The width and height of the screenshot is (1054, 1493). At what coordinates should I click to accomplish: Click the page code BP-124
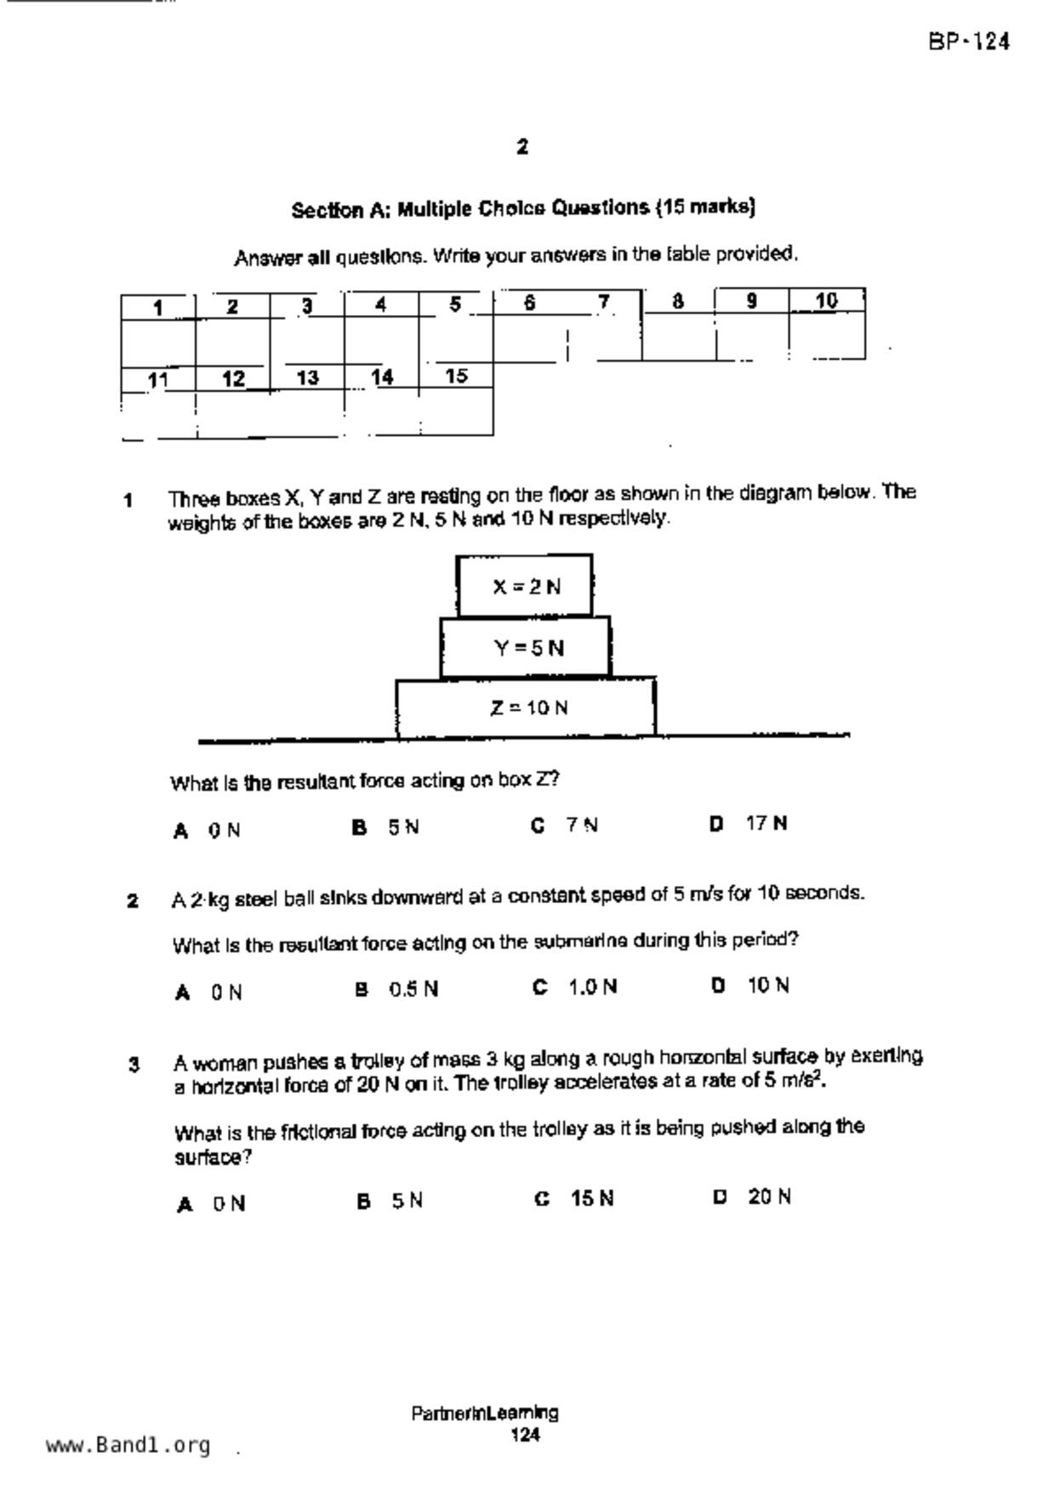coord(969,41)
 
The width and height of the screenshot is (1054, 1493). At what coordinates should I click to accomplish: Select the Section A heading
coord(523,209)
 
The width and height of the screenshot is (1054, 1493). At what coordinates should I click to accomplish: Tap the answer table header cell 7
coord(604,302)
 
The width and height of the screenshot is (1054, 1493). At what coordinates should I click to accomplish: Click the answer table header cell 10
coord(826,300)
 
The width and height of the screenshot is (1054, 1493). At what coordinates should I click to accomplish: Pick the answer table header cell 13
coord(307,377)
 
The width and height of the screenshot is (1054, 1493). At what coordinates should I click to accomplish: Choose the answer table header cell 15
coord(456,375)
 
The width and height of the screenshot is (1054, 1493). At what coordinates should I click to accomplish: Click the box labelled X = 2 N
coord(525,586)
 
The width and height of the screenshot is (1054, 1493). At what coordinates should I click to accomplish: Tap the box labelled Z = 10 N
coord(527,707)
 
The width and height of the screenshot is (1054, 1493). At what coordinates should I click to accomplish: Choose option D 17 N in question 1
coord(749,824)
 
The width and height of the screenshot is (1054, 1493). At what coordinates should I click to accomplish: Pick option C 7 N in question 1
coord(566,826)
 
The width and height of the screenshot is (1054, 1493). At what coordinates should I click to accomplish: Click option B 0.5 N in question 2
coord(397,989)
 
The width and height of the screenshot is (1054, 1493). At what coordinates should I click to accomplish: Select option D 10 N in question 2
coord(751,986)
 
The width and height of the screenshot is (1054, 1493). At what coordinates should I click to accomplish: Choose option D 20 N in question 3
coord(753,1197)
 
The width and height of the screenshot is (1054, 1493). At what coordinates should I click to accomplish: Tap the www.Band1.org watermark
coord(128,1445)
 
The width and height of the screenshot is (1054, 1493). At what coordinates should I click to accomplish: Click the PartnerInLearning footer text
coord(485,1414)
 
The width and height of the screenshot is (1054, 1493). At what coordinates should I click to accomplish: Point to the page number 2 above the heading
coord(522,147)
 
